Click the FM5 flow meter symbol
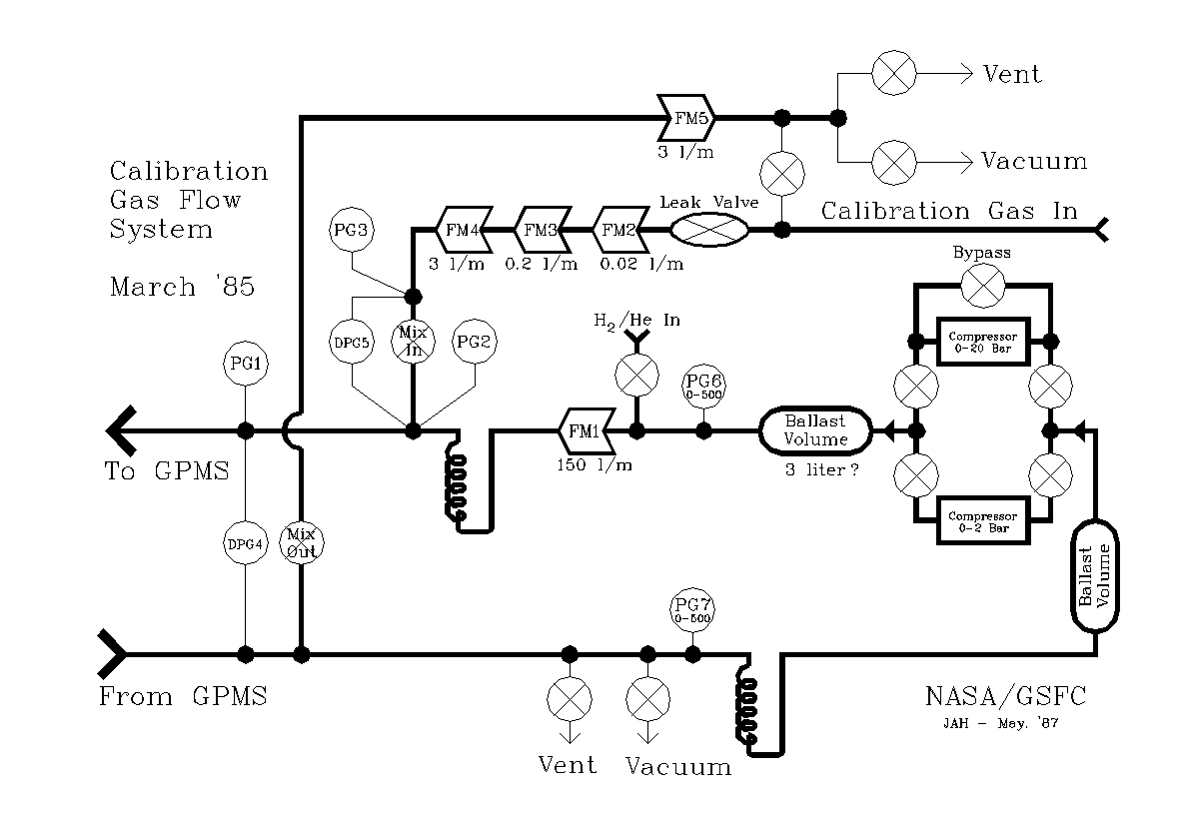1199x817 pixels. coord(687,118)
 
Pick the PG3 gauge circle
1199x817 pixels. coord(351,231)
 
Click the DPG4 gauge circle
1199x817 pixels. coord(245,544)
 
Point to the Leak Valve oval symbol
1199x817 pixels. coord(708,230)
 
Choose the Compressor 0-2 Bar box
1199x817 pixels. coord(982,520)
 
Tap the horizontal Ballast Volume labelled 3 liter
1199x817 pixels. coord(814,430)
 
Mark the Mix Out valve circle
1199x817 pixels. coord(301,544)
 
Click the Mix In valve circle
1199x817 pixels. coord(412,342)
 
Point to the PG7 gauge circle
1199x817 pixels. coord(692,609)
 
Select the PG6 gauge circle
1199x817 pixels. coord(703,386)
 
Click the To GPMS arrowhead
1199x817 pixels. coord(121,430)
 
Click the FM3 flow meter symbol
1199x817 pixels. coord(541,230)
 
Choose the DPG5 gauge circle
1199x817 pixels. coord(351,342)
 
